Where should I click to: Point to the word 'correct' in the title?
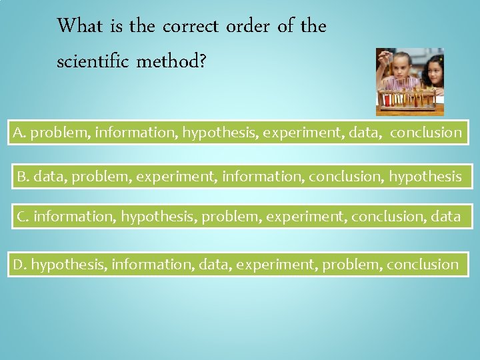click(x=191, y=27)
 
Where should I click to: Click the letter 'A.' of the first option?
click(x=19, y=132)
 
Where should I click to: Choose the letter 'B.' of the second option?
click(x=23, y=176)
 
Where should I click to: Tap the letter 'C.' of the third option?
click(x=23, y=216)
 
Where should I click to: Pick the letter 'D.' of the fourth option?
click(x=20, y=265)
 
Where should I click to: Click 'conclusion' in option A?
click(x=426, y=132)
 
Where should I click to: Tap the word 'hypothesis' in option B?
click(x=425, y=177)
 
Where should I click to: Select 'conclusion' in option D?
click(x=423, y=265)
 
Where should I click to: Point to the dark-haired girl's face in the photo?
click(x=432, y=72)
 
